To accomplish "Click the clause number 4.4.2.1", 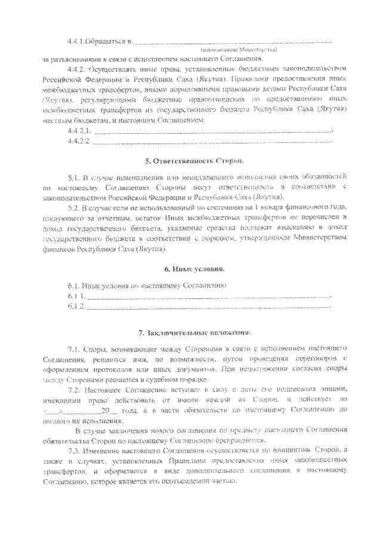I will [79, 131].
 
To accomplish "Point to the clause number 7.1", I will [74, 347].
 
